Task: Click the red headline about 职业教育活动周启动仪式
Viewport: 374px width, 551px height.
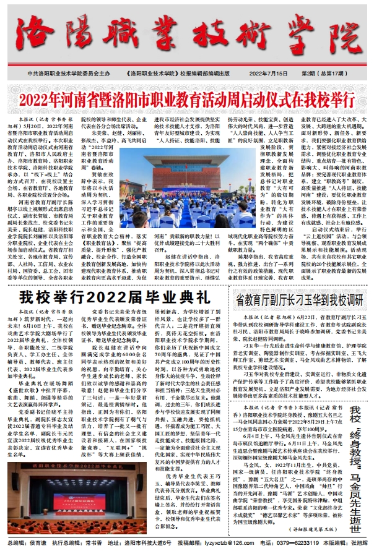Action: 186,99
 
